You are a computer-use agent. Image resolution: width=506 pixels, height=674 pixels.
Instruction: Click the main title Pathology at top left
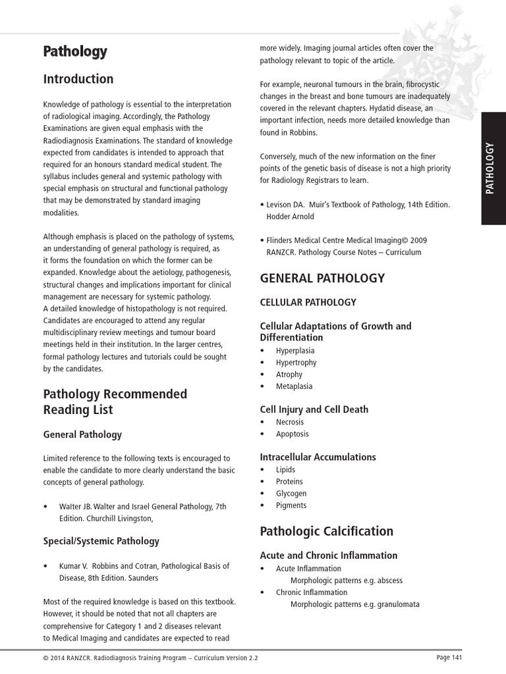point(75,51)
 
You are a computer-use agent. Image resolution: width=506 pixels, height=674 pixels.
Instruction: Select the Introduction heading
point(78,79)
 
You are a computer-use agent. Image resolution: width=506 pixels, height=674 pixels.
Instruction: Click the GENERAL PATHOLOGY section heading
point(322,278)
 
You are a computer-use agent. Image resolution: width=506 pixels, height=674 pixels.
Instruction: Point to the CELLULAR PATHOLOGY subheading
point(308,302)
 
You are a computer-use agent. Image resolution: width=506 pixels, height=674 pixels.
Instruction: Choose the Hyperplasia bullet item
point(295,351)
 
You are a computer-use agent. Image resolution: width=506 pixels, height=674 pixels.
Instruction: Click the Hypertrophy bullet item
point(296,363)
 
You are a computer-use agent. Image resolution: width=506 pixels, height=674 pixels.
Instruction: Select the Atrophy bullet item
point(289,375)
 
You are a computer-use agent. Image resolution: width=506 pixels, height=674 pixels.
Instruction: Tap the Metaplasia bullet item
point(294,386)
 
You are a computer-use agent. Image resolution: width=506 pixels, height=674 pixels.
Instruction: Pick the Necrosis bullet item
point(290,422)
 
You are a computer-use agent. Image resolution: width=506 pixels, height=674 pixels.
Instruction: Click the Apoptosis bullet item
point(292,434)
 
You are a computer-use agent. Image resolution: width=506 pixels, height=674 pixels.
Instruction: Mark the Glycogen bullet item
point(291,494)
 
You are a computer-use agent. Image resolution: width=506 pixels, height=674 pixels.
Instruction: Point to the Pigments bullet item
point(291,505)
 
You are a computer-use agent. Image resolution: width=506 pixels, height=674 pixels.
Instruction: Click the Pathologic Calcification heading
point(326,531)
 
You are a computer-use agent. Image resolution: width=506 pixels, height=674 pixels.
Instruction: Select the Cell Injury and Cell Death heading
point(314,409)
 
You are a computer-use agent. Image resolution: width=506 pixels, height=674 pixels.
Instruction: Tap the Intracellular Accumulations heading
point(318,457)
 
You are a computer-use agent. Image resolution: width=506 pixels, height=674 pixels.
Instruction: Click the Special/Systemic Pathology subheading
point(101,541)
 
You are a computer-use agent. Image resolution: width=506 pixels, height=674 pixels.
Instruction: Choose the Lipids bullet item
point(285,470)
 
